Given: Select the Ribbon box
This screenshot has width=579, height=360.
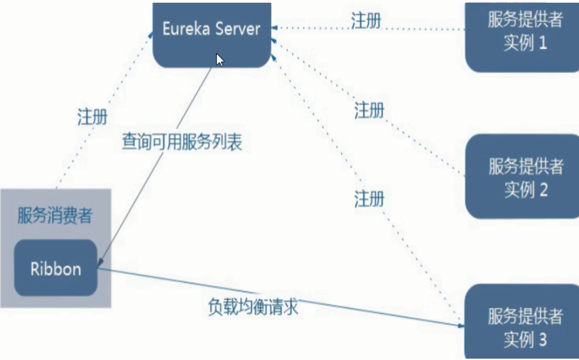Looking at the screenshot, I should coord(55,269).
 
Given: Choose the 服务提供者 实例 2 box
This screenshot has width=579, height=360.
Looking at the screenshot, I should coord(524,178).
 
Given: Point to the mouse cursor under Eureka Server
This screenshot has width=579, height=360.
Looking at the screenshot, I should coord(220,60).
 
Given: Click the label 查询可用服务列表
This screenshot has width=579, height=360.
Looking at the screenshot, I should coord(182,141).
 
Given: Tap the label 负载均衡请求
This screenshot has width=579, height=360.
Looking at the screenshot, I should coord(252,307).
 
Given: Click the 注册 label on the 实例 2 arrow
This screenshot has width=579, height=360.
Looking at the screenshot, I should coord(369,110).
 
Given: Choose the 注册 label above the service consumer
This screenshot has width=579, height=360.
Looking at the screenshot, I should coord(92,117).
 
